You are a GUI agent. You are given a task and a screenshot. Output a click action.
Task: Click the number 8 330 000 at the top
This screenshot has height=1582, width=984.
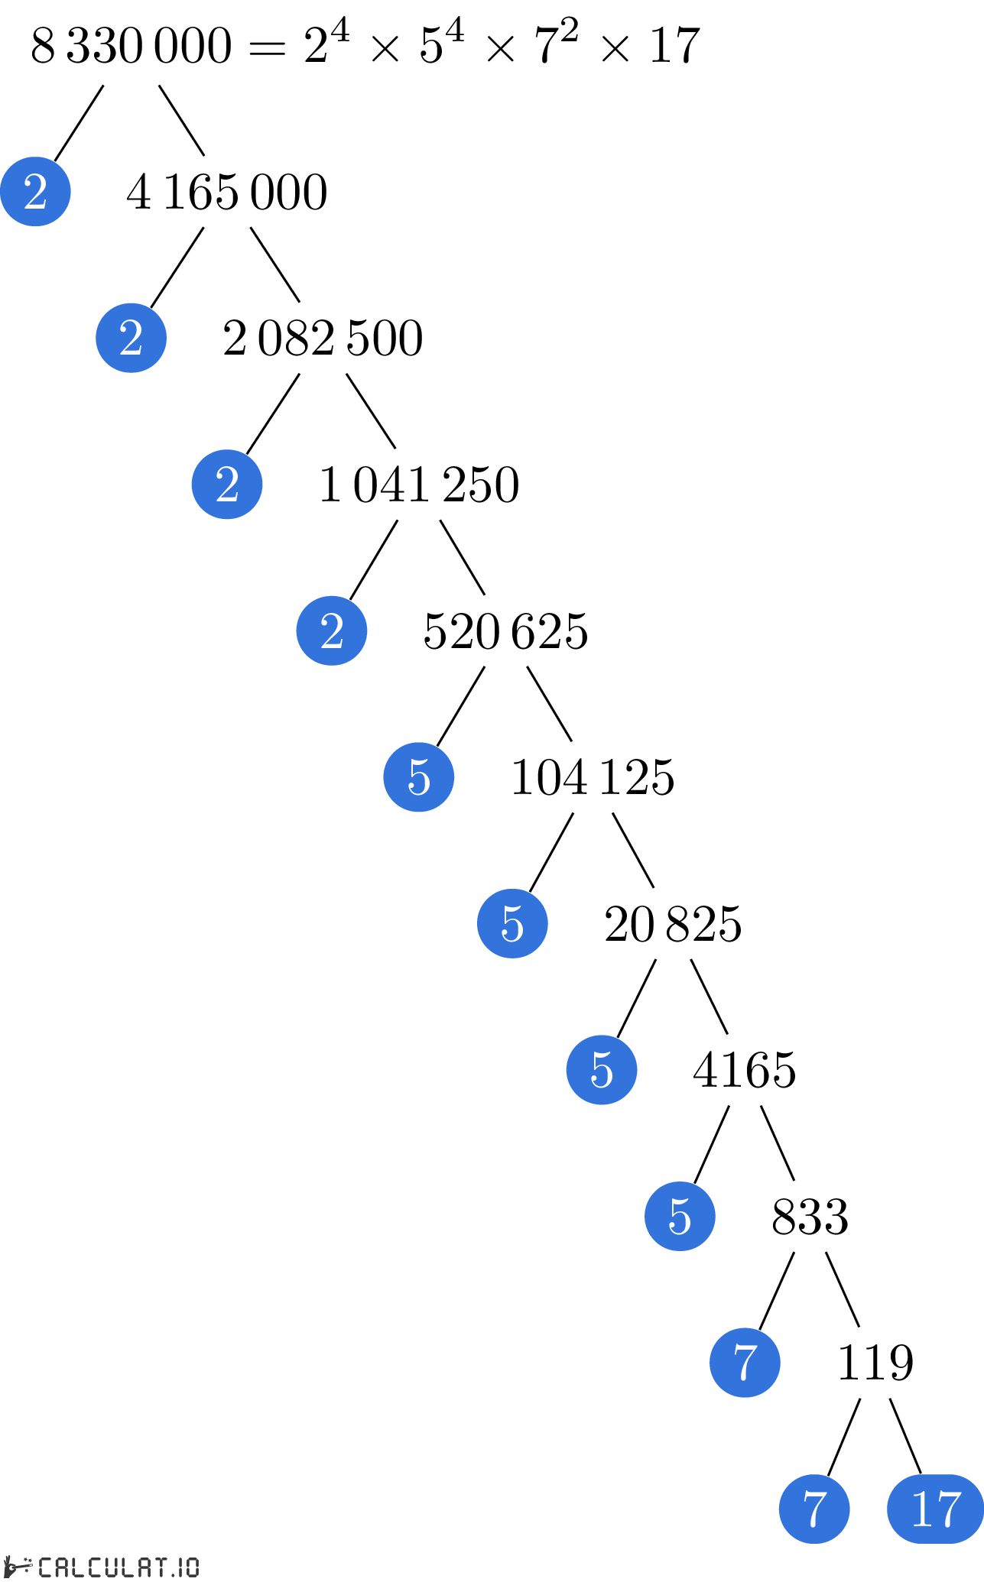click(x=131, y=45)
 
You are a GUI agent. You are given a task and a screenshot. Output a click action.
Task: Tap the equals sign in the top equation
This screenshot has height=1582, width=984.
click(x=267, y=49)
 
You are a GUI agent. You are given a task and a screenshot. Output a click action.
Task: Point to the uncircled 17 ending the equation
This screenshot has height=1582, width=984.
click(x=674, y=45)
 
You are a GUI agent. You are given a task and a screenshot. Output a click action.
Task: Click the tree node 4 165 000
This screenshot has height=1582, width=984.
click(x=227, y=192)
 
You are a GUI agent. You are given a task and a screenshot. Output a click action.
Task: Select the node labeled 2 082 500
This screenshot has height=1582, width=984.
click(x=323, y=339)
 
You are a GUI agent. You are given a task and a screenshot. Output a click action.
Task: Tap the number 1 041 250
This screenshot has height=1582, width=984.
click(x=419, y=485)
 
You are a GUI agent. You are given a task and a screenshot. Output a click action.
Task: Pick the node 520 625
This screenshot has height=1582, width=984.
click(x=505, y=631)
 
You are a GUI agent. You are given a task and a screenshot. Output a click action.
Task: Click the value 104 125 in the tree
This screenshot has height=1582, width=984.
click(x=593, y=778)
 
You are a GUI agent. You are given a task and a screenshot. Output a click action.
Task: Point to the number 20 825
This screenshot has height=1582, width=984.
click(x=673, y=924)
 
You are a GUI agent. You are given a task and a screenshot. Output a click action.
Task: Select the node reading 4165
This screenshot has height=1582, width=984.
click(x=745, y=1070)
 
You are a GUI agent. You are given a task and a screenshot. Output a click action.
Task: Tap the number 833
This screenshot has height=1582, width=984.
click(x=810, y=1217)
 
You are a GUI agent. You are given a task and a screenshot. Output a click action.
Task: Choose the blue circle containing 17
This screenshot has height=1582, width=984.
click(x=936, y=1509)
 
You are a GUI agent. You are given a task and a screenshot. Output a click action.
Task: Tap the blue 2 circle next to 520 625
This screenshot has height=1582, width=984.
click(x=332, y=631)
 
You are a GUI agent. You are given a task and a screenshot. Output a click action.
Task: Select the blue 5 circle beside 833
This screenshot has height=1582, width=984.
click(x=680, y=1216)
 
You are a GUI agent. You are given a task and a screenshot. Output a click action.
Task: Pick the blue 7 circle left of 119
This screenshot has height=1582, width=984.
click(x=745, y=1363)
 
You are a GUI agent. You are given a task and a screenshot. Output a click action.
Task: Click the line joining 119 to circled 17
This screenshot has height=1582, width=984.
click(x=905, y=1436)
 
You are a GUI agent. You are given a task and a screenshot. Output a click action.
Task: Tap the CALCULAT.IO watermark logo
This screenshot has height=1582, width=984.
click(x=102, y=1567)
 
